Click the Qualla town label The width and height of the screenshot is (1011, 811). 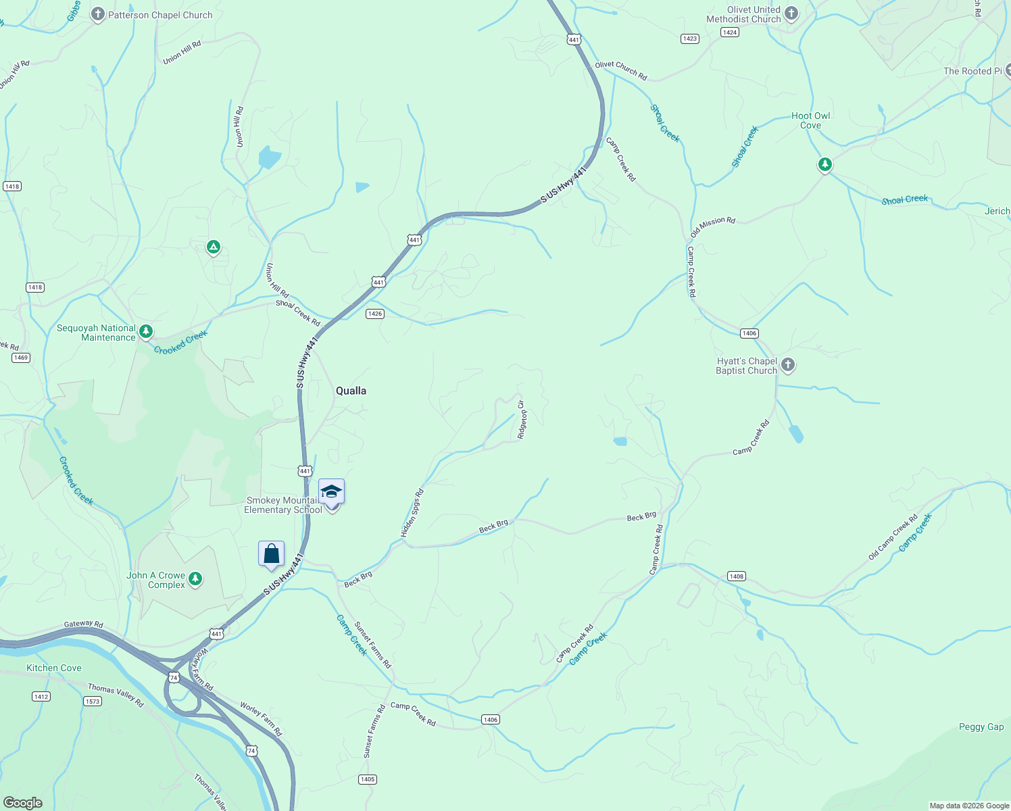pyautogui.click(x=351, y=391)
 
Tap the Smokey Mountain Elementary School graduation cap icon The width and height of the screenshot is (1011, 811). pyautogui.click(x=331, y=492)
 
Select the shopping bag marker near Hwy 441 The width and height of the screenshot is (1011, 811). pyautogui.click(x=271, y=554)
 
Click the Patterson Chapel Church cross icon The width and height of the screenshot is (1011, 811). pyautogui.click(x=98, y=14)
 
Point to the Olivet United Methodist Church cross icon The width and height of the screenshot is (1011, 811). pyautogui.click(x=791, y=13)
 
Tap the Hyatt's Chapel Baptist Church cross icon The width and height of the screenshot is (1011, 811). pyautogui.click(x=787, y=365)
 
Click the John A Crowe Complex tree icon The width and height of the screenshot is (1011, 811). pyautogui.click(x=195, y=579)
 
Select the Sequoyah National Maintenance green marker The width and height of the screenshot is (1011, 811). pyautogui.click(x=146, y=331)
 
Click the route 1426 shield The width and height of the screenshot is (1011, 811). pyautogui.click(x=375, y=314)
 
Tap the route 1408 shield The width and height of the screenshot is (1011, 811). pyautogui.click(x=736, y=576)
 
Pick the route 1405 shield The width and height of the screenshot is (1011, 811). pyautogui.click(x=367, y=779)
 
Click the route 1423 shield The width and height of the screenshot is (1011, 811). pyautogui.click(x=689, y=39)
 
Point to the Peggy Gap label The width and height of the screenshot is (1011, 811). pyautogui.click(x=981, y=727)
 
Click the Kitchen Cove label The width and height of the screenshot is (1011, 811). pyautogui.click(x=54, y=668)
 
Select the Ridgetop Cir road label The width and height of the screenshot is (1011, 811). pyautogui.click(x=521, y=420)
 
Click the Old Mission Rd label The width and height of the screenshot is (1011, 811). pyautogui.click(x=712, y=227)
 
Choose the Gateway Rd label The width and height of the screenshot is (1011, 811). pyautogui.click(x=83, y=624)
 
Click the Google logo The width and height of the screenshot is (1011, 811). pyautogui.click(x=22, y=802)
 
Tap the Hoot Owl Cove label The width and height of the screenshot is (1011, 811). pyautogui.click(x=810, y=120)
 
